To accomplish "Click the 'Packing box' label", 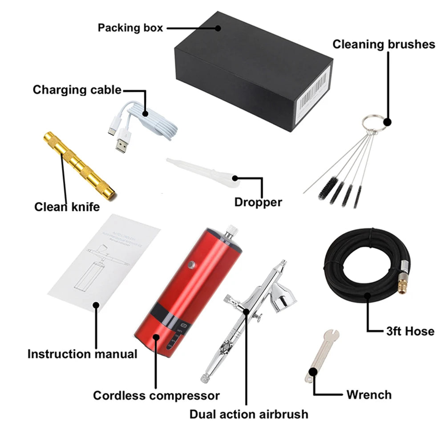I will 130,28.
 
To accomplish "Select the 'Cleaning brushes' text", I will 384,44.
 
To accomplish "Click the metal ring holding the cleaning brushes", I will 371,123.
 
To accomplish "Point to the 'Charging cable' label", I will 77,90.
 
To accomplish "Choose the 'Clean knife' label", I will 67,207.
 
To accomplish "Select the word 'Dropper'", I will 258,202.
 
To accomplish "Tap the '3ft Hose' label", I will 410,331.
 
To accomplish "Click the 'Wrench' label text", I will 369,394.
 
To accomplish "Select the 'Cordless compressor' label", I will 156,395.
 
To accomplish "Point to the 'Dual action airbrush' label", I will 249,414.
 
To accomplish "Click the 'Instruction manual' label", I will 82,354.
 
